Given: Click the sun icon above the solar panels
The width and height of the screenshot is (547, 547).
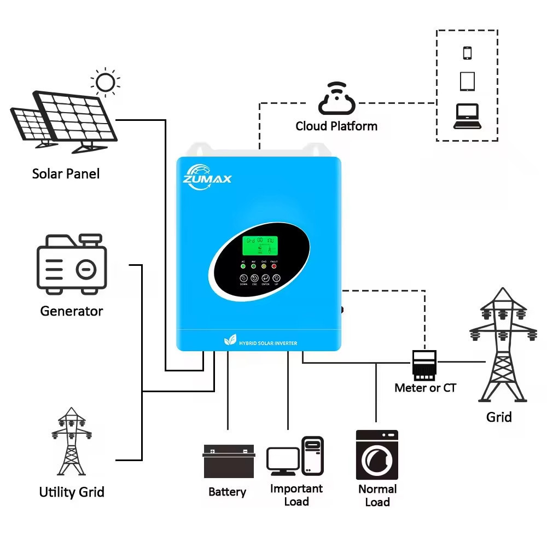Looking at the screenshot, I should click(x=105, y=83).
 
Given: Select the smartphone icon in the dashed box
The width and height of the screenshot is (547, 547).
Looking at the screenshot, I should click(x=467, y=53).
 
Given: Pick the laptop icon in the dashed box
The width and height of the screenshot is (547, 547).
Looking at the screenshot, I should click(x=467, y=117).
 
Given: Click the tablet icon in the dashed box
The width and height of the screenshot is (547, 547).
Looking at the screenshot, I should click(x=467, y=82).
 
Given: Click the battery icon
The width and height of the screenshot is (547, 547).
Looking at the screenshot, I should click(x=229, y=462).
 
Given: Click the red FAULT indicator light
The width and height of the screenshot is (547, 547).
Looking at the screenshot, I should click(x=274, y=266).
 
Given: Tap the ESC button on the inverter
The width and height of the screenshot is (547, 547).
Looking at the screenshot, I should click(x=254, y=278).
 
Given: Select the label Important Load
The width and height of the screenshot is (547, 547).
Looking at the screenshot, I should click(x=296, y=495).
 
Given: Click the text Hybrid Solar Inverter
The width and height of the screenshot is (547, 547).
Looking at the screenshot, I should click(x=268, y=343).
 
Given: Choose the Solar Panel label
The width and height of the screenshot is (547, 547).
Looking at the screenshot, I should click(x=66, y=174).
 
